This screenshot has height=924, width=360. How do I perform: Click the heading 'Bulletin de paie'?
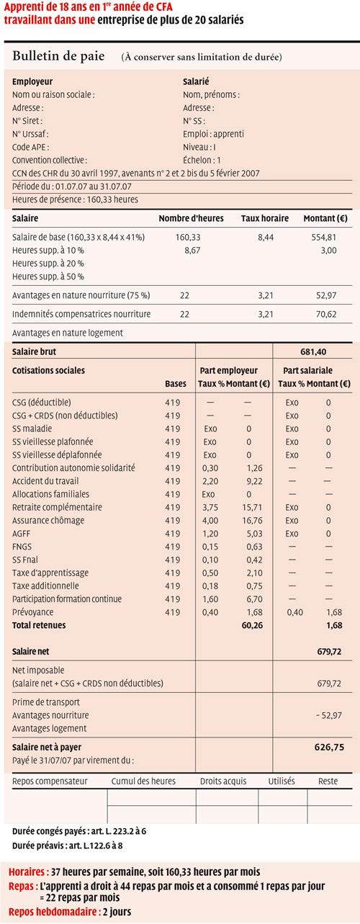pos(58,56)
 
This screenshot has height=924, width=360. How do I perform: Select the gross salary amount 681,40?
pos(313,352)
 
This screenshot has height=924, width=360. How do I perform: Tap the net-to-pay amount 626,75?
pos(329,747)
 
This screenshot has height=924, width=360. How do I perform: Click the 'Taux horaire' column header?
pos(265,218)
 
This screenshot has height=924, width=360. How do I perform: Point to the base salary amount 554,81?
pos(324,237)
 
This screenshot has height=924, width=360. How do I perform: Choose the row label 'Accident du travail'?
pos(45,481)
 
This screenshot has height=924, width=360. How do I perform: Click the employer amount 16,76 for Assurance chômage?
pos(253,521)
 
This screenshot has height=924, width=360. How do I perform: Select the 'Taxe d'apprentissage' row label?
pos(50,573)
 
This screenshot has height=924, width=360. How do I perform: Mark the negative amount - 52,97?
pos(329,715)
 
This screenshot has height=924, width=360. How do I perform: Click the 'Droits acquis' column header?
pos(223,781)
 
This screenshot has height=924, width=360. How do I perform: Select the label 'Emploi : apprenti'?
pos(213,134)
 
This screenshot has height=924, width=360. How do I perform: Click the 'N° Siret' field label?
pos(27,121)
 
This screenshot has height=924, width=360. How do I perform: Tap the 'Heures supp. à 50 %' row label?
pos(48,277)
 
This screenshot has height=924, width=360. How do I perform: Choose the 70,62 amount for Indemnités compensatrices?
pos(326,314)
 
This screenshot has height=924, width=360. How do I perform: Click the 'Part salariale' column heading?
pos(307,370)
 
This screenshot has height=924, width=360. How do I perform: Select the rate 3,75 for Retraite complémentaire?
pos(210,508)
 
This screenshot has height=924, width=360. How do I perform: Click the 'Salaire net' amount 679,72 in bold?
pos(329,652)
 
